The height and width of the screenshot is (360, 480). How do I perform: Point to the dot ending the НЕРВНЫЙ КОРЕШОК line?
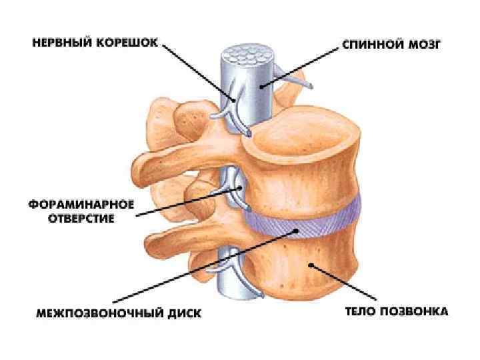[234, 99]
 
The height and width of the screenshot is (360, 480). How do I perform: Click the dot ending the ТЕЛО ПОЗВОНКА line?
[311, 265]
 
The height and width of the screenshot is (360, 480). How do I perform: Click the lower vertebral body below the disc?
[313, 267]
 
